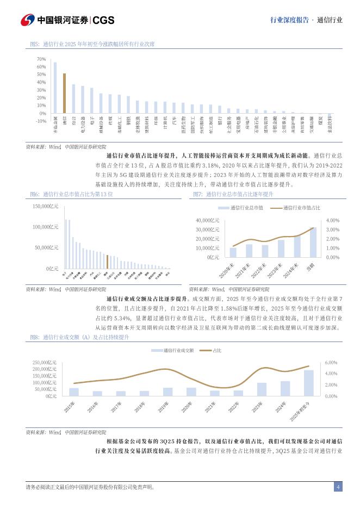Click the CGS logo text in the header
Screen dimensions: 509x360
pos(103,20)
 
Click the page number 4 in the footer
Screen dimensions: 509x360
pos(338,487)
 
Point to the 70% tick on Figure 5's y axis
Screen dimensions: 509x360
pos(41,59)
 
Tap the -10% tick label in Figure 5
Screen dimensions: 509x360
pos(41,121)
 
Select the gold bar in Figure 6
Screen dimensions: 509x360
pos(107,262)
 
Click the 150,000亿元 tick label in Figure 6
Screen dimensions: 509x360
pos(45,206)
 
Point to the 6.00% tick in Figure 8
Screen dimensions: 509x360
pos(332,362)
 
